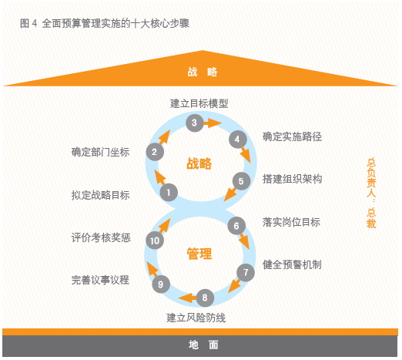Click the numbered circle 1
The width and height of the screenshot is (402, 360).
(169, 193)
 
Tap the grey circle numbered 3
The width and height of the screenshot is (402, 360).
(195, 123)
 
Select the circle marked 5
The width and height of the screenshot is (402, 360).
(241, 181)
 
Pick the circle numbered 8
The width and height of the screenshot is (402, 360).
(205, 298)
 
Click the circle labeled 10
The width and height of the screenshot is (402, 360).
(155, 241)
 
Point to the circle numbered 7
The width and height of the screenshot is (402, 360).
(246, 272)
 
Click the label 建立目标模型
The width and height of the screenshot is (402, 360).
(199, 103)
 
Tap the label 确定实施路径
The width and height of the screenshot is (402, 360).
(292, 136)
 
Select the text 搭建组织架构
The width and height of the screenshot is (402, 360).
(292, 179)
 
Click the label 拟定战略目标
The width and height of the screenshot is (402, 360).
(100, 195)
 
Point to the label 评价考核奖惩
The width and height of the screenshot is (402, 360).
(101, 237)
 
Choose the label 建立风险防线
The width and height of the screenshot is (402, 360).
(196, 318)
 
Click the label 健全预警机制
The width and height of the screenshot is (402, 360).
(292, 264)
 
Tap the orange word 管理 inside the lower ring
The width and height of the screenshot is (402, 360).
(199, 254)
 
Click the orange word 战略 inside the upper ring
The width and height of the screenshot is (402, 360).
(199, 163)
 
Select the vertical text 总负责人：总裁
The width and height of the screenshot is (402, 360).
(371, 193)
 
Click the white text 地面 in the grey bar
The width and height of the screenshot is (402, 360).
(203, 345)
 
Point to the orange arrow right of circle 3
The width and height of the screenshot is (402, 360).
(213, 123)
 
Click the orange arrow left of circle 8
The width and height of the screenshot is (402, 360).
(188, 298)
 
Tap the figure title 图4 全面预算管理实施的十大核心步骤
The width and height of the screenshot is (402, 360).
(105, 23)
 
